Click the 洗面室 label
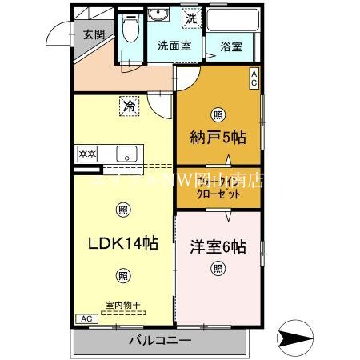(x=174, y=46)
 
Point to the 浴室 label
(x=232, y=46)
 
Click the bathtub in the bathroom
(x=232, y=21)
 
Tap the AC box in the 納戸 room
(x=254, y=78)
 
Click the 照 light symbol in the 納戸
(x=217, y=113)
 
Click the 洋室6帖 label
(x=218, y=246)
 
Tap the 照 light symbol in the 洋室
(x=218, y=269)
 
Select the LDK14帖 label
(x=122, y=243)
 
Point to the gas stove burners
(x=86, y=152)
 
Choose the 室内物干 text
(x=122, y=304)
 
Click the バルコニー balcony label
(x=160, y=341)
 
